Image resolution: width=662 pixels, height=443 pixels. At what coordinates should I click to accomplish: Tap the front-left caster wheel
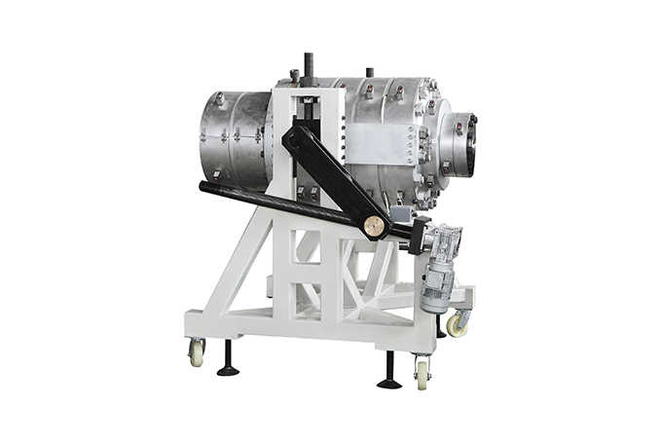pos(197,352)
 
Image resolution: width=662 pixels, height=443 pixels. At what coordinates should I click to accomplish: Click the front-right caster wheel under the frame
pos(423,370)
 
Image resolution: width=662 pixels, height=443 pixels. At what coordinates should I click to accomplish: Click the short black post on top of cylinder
pos(369,74)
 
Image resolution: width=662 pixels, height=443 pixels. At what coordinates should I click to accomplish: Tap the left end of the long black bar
pos(206,187)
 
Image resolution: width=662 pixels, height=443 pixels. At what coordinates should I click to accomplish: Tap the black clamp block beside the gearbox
pos(420,235)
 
